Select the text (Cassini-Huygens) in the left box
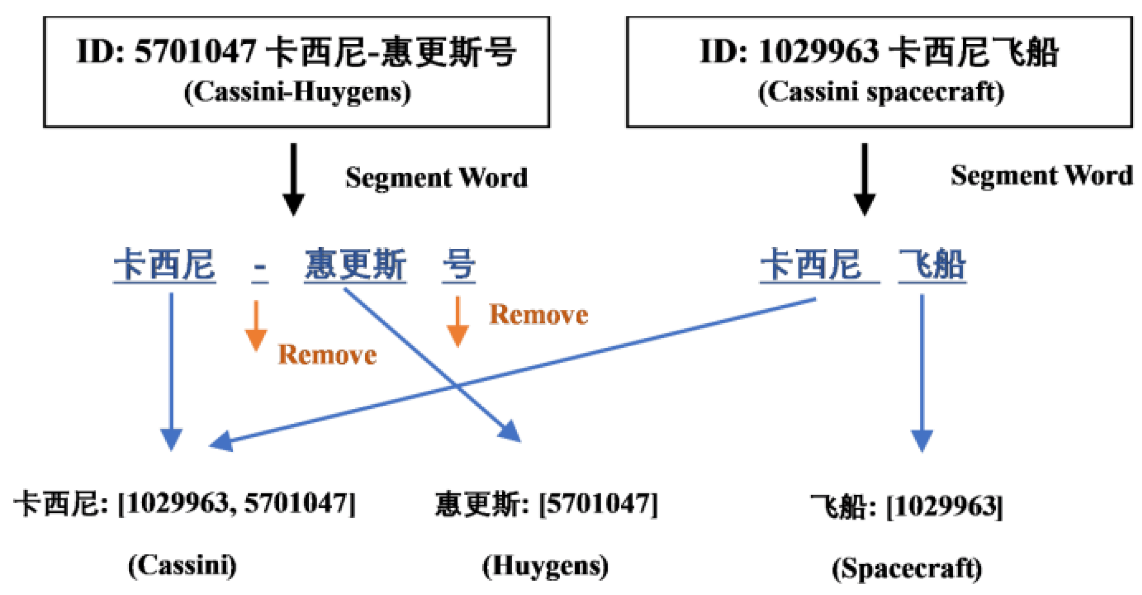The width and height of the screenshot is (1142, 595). tap(298, 92)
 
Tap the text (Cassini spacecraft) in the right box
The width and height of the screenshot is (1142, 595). tap(881, 92)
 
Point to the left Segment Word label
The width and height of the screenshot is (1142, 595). tap(436, 178)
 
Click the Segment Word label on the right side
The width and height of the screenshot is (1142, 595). tap(1041, 176)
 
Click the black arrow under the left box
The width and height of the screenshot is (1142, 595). tap(293, 180)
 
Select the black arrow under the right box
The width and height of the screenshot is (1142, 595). tap(864, 180)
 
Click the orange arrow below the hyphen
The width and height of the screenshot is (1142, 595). tap(255, 326)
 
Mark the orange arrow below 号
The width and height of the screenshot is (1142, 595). tap(458, 322)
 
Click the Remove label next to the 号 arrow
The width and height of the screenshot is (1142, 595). tap(538, 314)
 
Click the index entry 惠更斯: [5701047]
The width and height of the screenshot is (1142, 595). tap(546, 504)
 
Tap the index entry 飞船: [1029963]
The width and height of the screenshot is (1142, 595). tap(907, 506)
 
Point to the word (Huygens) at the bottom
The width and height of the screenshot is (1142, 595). tap(545, 566)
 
